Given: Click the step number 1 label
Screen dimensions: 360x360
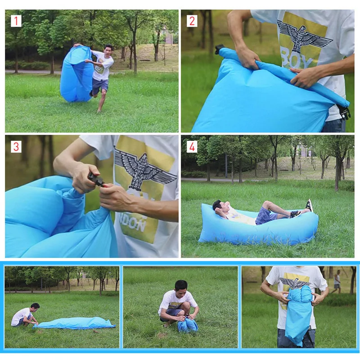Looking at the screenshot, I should [x=16, y=21].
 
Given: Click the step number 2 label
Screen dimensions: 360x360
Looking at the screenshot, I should [x=192, y=21].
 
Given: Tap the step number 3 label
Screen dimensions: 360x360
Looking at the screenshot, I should [x=16, y=146].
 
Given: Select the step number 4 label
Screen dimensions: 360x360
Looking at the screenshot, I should [x=192, y=146].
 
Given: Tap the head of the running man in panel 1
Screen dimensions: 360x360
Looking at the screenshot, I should [x=108, y=48].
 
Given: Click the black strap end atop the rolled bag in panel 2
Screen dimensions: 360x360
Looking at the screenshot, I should [x=219, y=49].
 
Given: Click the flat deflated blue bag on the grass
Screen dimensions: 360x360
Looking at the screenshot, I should [x=76, y=323].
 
